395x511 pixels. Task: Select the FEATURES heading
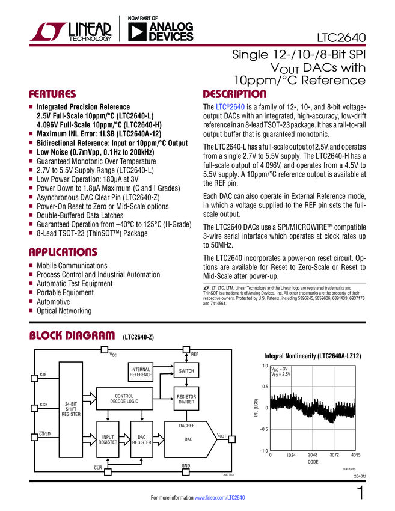53,94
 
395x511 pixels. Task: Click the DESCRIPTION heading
235,94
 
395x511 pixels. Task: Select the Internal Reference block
141,372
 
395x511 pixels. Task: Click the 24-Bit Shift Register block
71,409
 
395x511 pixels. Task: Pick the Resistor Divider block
186,399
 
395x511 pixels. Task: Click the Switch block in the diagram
186,371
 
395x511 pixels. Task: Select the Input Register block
108,440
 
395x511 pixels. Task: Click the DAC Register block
142,440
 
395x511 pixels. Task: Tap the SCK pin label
43,405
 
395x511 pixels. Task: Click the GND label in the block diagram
186,467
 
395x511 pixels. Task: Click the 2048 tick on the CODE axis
313,454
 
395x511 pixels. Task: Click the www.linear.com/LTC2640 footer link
220,498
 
